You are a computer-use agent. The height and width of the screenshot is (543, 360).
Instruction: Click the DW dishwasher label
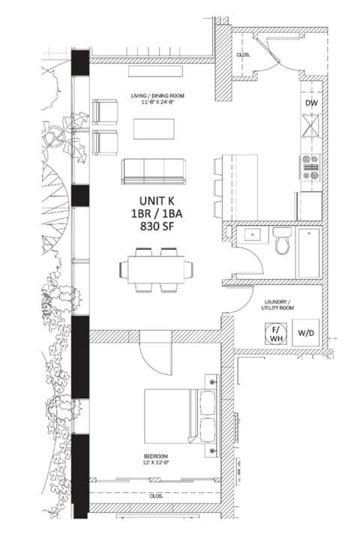[x=311, y=103]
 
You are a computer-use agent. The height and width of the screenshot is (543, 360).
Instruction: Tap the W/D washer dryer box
[x=306, y=333]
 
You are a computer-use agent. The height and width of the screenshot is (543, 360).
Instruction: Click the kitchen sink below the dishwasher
[x=310, y=125]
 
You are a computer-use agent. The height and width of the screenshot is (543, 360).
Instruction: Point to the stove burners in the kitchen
[x=310, y=167]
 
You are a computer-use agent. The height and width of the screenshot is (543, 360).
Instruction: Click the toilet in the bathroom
[x=283, y=240]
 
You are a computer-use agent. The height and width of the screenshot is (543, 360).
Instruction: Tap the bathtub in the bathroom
[x=309, y=253]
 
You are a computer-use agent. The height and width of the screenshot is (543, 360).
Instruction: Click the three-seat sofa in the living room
[x=153, y=172]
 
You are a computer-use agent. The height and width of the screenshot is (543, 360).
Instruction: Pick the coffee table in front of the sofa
[x=154, y=129]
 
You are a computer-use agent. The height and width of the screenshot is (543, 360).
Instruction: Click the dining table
[x=156, y=269]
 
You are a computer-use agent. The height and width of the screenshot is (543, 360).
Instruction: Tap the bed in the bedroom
[x=180, y=416]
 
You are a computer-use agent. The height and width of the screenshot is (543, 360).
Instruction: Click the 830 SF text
[x=157, y=226]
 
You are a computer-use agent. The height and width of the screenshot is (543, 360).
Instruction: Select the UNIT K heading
[x=157, y=201]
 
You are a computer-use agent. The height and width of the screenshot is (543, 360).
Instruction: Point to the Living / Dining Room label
[x=157, y=95]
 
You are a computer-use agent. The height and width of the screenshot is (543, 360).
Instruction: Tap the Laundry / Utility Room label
[x=277, y=304]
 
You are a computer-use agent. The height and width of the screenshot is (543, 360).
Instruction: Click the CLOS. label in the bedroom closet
[x=156, y=496]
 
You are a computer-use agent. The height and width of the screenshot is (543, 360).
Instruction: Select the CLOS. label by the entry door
[x=243, y=55]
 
